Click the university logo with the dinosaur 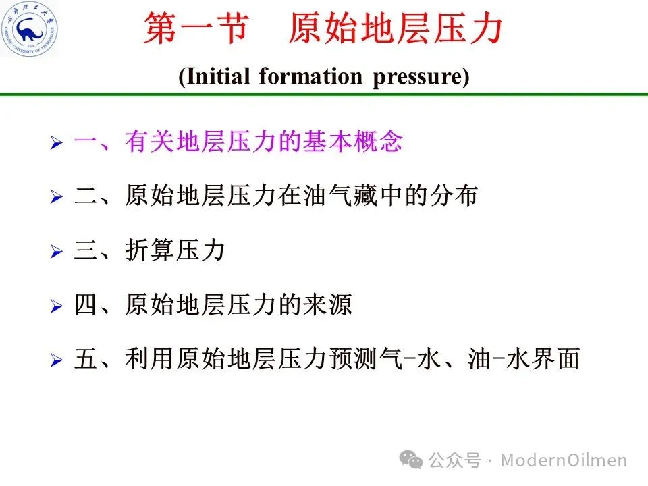click(30, 28)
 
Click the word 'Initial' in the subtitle click(218, 76)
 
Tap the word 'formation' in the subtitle click(310, 76)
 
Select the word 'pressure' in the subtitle click(417, 77)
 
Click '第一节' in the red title click(196, 28)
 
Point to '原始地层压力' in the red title click(395, 28)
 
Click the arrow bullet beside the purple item click(57, 142)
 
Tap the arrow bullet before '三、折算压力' click(57, 251)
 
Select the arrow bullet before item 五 click(57, 360)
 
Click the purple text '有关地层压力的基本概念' click(264, 141)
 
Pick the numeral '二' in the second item click(86, 196)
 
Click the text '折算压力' click(175, 250)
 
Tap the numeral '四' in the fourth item click(86, 304)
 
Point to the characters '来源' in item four click(327, 304)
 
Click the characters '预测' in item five click(352, 358)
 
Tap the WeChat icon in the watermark click(411, 460)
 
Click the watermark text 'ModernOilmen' click(564, 460)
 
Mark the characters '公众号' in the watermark click(454, 460)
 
